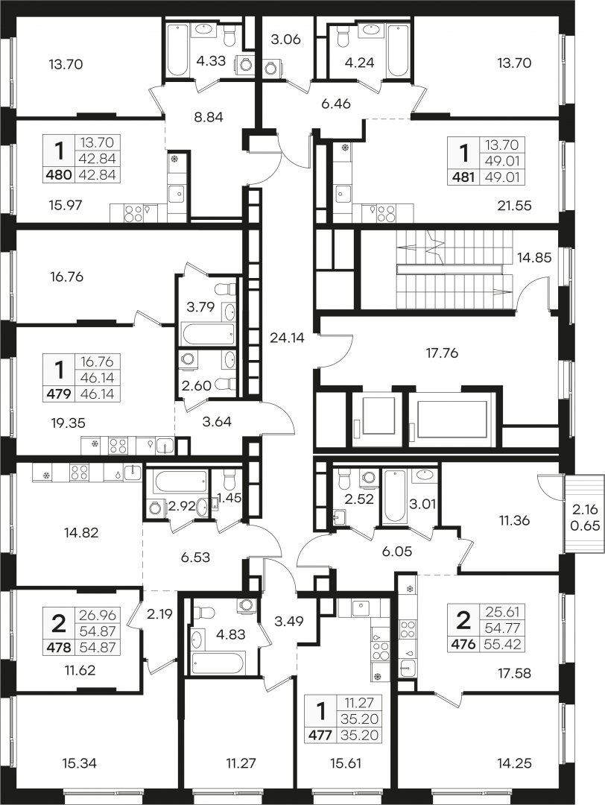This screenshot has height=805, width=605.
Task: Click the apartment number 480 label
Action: click(x=59, y=175)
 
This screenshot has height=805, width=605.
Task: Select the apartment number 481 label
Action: click(x=464, y=177)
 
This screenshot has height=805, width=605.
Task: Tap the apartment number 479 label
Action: click(x=60, y=394)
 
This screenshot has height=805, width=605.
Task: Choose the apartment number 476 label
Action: click(x=464, y=643)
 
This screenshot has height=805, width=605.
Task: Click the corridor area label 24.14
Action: click(x=288, y=338)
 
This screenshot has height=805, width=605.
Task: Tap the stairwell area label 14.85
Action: click(x=534, y=257)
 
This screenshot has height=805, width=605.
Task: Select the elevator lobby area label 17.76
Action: click(x=442, y=353)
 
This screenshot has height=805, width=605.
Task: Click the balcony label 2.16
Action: click(x=584, y=510)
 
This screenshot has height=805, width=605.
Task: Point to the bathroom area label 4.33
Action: click(x=211, y=60)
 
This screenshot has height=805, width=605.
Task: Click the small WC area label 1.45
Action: click(x=229, y=497)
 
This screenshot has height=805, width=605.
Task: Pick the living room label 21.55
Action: click(x=514, y=206)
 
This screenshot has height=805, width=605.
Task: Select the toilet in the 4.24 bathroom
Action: click(x=343, y=37)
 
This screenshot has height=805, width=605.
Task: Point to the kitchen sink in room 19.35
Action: click(x=165, y=445)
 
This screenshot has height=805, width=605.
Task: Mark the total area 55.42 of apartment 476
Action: click(x=503, y=643)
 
